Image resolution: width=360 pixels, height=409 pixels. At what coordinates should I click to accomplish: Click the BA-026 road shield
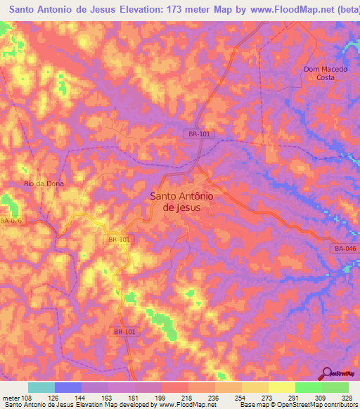pyautogui.click(x=11, y=222)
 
